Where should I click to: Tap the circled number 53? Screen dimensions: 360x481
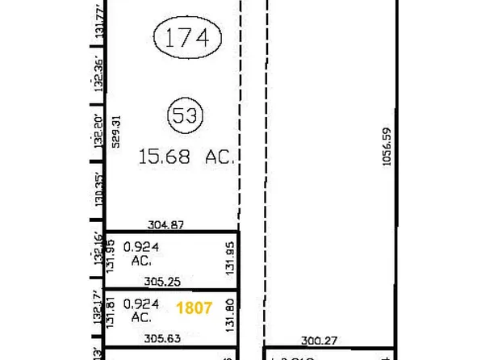pyautogui.click(x=182, y=115)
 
